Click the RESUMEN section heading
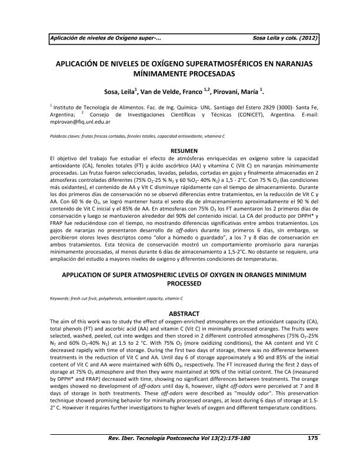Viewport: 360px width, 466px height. point(179,151)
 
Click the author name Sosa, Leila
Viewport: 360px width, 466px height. point(121,91)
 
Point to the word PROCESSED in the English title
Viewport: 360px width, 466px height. point(179,284)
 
